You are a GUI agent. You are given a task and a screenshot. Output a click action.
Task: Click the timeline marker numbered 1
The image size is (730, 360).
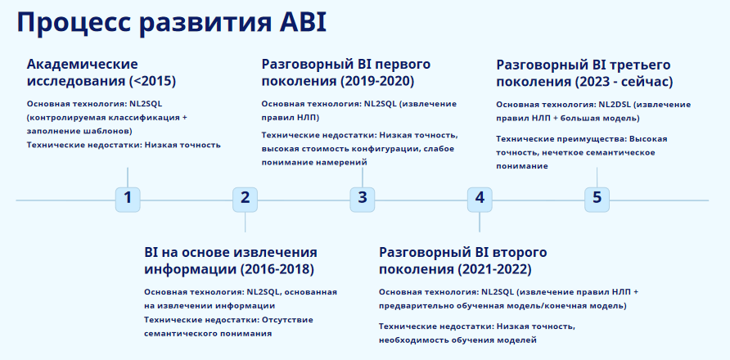click(128, 198)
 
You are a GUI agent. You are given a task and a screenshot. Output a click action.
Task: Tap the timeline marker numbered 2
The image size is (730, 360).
click(245, 198)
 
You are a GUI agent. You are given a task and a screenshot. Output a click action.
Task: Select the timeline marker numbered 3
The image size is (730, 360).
click(363, 198)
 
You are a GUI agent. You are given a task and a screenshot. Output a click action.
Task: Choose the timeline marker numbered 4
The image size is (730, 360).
click(480, 198)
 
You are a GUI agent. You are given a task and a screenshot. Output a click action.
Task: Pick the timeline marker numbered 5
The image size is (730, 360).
click(597, 198)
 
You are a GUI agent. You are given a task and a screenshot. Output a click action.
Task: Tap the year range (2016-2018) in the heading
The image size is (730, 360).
click(277, 269)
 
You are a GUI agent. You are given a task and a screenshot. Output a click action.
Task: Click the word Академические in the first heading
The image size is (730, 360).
click(82, 64)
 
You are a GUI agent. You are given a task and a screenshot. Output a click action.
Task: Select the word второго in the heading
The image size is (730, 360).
click(517, 252)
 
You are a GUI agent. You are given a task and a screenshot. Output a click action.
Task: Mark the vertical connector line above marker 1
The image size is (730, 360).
click(128, 176)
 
